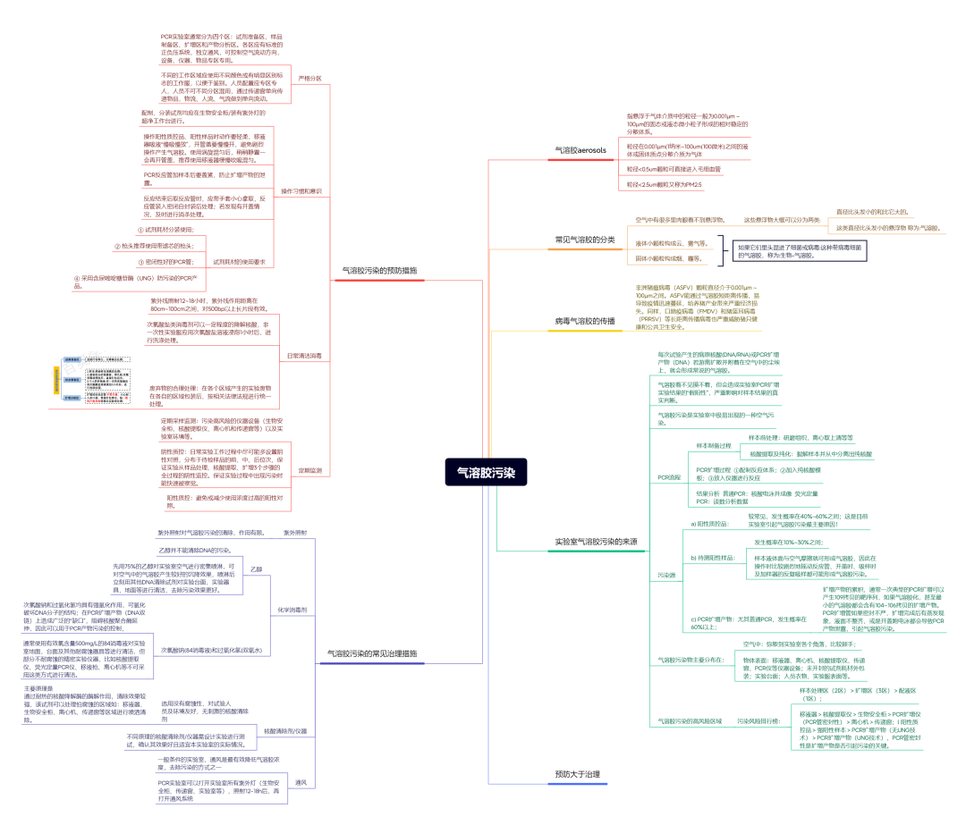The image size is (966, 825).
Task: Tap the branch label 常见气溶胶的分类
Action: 585,240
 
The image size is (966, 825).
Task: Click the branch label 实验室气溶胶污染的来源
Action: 596,542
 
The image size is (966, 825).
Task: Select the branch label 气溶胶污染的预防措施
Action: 380,269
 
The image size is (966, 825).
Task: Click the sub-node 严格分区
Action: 309,78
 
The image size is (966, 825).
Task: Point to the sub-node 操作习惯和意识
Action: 301,191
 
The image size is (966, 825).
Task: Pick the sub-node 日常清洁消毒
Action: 303,355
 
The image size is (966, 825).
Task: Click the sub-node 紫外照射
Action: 295,532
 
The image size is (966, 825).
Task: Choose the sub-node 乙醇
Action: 257,568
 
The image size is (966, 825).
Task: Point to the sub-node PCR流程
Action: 669,477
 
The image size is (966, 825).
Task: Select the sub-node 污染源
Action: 667,574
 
